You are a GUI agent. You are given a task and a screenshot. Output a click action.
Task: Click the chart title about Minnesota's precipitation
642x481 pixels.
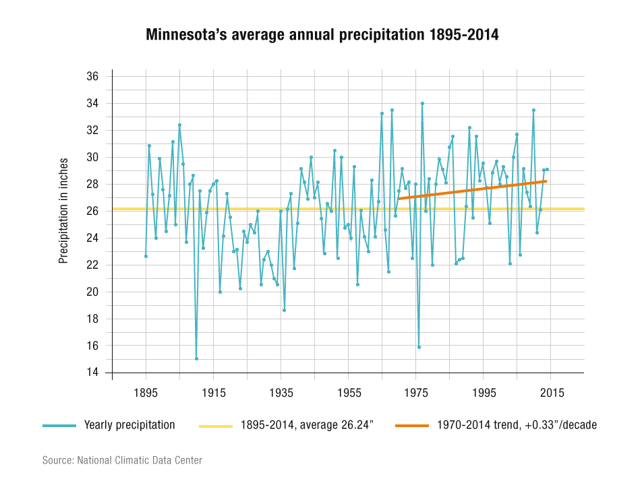(322, 35)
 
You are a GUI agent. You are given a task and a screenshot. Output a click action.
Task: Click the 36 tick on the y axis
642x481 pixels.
(92, 77)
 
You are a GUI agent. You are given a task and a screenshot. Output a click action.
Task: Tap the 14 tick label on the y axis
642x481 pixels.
(92, 373)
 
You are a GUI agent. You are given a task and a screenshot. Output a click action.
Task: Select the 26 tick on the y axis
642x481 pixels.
(92, 211)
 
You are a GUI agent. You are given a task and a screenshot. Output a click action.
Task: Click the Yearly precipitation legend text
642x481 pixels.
(129, 425)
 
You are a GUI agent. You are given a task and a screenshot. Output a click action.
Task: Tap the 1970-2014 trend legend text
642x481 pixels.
(517, 425)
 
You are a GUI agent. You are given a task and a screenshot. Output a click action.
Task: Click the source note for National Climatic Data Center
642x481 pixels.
(122, 461)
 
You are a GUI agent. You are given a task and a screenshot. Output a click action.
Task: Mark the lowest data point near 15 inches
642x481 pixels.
(196, 358)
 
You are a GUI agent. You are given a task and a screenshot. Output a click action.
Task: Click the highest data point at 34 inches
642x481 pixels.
(422, 103)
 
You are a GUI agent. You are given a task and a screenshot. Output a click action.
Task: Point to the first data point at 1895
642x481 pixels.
(146, 256)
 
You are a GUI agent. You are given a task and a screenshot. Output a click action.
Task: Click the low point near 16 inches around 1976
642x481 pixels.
(419, 347)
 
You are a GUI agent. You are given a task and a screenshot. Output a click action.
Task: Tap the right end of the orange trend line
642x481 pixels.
(545, 181)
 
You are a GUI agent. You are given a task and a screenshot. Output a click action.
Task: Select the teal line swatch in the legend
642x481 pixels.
(59, 426)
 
